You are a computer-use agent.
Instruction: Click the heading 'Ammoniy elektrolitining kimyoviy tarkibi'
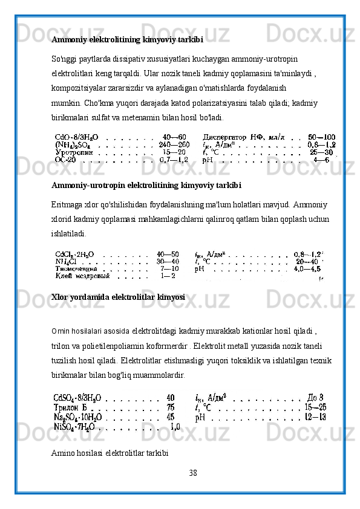(127, 40)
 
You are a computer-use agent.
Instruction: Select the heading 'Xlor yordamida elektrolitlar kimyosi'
(118, 298)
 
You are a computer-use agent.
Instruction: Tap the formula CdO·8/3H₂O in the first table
(78, 120)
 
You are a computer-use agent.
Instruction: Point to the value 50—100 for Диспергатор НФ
(321, 120)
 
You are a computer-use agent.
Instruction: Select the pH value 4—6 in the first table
(325, 144)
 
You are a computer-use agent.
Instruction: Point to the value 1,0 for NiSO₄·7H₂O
(174, 426)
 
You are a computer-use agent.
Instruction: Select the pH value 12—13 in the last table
(316, 417)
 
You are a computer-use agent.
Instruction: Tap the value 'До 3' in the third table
(316, 398)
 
